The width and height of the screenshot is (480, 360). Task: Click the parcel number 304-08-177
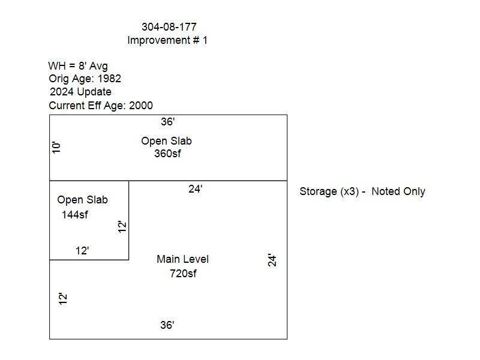pyautogui.click(x=169, y=27)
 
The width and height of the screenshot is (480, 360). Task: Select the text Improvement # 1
pyautogui.click(x=167, y=40)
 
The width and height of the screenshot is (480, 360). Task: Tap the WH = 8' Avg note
pyautogui.click(x=78, y=66)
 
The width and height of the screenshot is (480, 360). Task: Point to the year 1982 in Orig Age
pyautogui.click(x=109, y=79)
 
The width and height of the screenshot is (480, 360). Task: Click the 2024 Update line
pyautogui.click(x=80, y=92)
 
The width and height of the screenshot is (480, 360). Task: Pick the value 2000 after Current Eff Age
pyautogui.click(x=141, y=106)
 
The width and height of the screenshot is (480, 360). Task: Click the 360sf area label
pyautogui.click(x=167, y=154)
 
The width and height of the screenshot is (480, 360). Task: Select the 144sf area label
pyautogui.click(x=74, y=215)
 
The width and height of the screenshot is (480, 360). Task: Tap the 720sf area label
pyautogui.click(x=183, y=274)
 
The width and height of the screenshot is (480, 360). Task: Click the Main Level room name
pyautogui.click(x=183, y=259)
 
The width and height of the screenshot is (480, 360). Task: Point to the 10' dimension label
pyautogui.click(x=56, y=148)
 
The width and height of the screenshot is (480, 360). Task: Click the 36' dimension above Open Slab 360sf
pyautogui.click(x=168, y=122)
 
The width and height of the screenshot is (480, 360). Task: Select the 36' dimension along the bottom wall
pyautogui.click(x=167, y=325)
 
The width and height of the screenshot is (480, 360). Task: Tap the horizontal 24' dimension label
pyautogui.click(x=196, y=189)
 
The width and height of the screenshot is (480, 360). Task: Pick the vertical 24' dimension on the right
pyautogui.click(x=272, y=260)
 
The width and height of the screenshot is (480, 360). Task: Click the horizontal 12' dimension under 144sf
pyautogui.click(x=82, y=251)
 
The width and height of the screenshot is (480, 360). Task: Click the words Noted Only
pyautogui.click(x=398, y=191)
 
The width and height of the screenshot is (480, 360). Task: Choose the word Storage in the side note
pyautogui.click(x=318, y=191)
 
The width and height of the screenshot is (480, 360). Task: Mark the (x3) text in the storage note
pyautogui.click(x=350, y=191)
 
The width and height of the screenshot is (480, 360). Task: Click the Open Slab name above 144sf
pyautogui.click(x=82, y=200)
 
